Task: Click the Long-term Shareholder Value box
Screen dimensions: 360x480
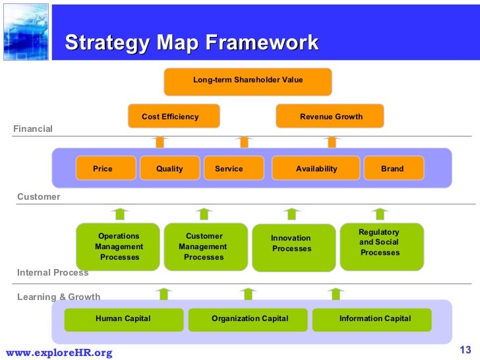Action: [247, 80]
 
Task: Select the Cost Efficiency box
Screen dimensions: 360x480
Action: [173, 117]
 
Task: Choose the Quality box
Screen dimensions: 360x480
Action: [169, 168]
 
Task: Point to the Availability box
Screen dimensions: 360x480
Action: [316, 168]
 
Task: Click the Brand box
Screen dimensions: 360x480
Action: [392, 168]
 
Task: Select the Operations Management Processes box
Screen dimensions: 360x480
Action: [119, 247]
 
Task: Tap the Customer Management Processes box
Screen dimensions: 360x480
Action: [204, 247]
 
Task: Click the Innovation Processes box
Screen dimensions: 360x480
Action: [293, 247]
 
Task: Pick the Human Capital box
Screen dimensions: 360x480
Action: [123, 319]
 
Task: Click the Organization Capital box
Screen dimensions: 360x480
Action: [249, 319]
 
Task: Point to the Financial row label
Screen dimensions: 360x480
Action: [33, 129]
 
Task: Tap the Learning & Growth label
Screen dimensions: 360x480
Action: [59, 297]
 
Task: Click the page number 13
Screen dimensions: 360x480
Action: [465, 349]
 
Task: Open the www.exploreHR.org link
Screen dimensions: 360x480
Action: [59, 353]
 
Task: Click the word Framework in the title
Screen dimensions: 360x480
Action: [262, 44]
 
